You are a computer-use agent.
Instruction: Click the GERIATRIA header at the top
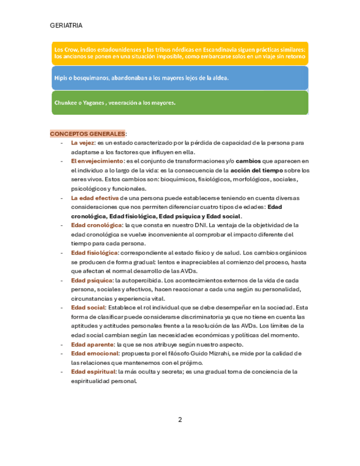(66, 26)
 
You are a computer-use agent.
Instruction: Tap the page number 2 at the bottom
(180, 420)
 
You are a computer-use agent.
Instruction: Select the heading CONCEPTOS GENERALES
(87, 134)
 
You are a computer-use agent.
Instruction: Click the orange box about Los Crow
(180, 53)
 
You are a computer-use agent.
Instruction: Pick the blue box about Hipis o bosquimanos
(180, 78)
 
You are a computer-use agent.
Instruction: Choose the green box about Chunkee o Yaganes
(180, 103)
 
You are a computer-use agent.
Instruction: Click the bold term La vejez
(82, 143)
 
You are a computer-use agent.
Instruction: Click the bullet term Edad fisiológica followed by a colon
(94, 252)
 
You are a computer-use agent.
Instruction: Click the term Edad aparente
(92, 344)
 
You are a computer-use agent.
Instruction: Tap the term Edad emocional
(95, 353)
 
